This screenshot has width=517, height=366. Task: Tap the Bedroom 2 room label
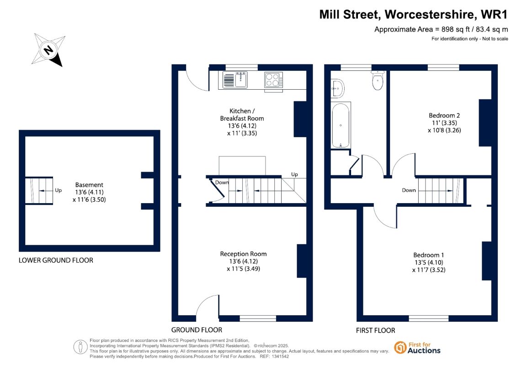444,115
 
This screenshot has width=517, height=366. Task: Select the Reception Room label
243,254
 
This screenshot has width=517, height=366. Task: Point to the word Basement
89,185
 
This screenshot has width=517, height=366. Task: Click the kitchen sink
235,80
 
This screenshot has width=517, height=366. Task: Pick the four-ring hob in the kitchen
273,80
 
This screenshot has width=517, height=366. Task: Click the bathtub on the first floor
341,125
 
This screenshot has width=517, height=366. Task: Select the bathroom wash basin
337,88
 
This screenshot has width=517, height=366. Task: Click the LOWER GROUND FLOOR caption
56,260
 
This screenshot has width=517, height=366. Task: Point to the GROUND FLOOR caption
197,330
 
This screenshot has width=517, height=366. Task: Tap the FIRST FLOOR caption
375,330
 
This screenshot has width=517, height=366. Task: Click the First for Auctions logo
417,348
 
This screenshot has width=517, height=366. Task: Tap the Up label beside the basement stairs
59,190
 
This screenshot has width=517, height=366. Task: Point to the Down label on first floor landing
409,190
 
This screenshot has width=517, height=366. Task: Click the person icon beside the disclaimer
80,347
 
